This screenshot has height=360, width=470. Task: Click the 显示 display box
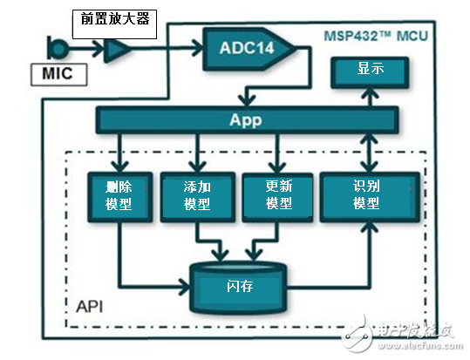click(367, 71)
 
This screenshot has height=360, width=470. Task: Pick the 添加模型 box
click(197, 194)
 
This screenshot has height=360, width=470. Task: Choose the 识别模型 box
click(367, 194)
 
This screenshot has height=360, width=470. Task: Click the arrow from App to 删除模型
click(119, 153)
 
